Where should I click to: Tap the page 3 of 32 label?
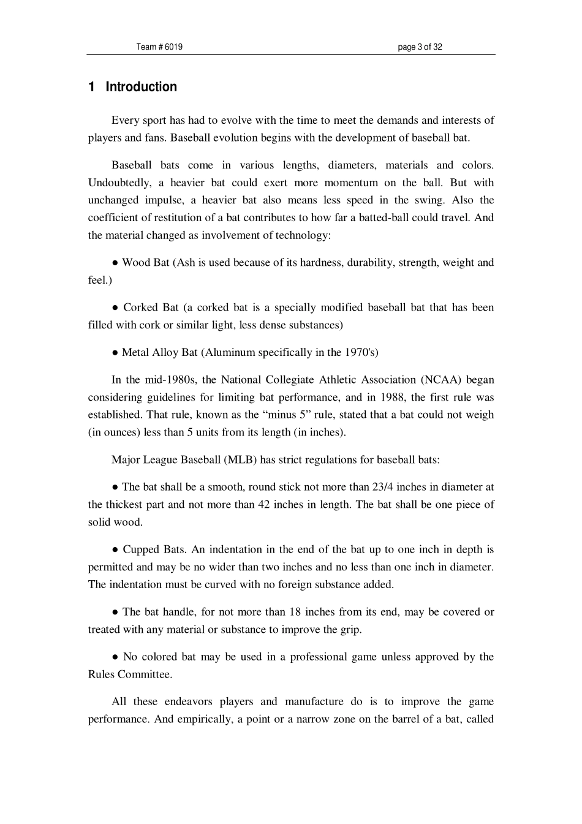tap(420, 47)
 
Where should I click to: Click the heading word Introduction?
tap(141, 87)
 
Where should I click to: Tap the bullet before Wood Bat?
tap(115, 263)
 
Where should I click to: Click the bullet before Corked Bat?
tap(115, 308)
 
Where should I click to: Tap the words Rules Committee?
tap(129, 675)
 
